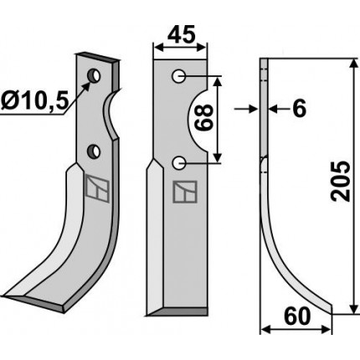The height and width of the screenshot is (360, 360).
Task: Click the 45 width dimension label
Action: [x=180, y=35]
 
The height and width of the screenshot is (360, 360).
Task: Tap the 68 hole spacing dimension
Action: [x=204, y=118]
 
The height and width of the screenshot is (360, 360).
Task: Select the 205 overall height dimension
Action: [x=340, y=181]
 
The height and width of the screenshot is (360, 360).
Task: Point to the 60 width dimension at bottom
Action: [x=297, y=316]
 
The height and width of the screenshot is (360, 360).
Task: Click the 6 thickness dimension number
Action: [x=300, y=109]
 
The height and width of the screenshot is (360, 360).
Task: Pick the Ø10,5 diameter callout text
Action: [x=34, y=100]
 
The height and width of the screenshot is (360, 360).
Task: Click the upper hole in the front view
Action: [x=178, y=76]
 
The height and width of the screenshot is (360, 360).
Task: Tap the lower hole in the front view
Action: [x=178, y=162]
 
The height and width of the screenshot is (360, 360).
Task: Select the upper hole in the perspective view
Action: [x=94, y=75]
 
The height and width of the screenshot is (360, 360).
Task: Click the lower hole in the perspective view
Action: [x=94, y=151]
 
